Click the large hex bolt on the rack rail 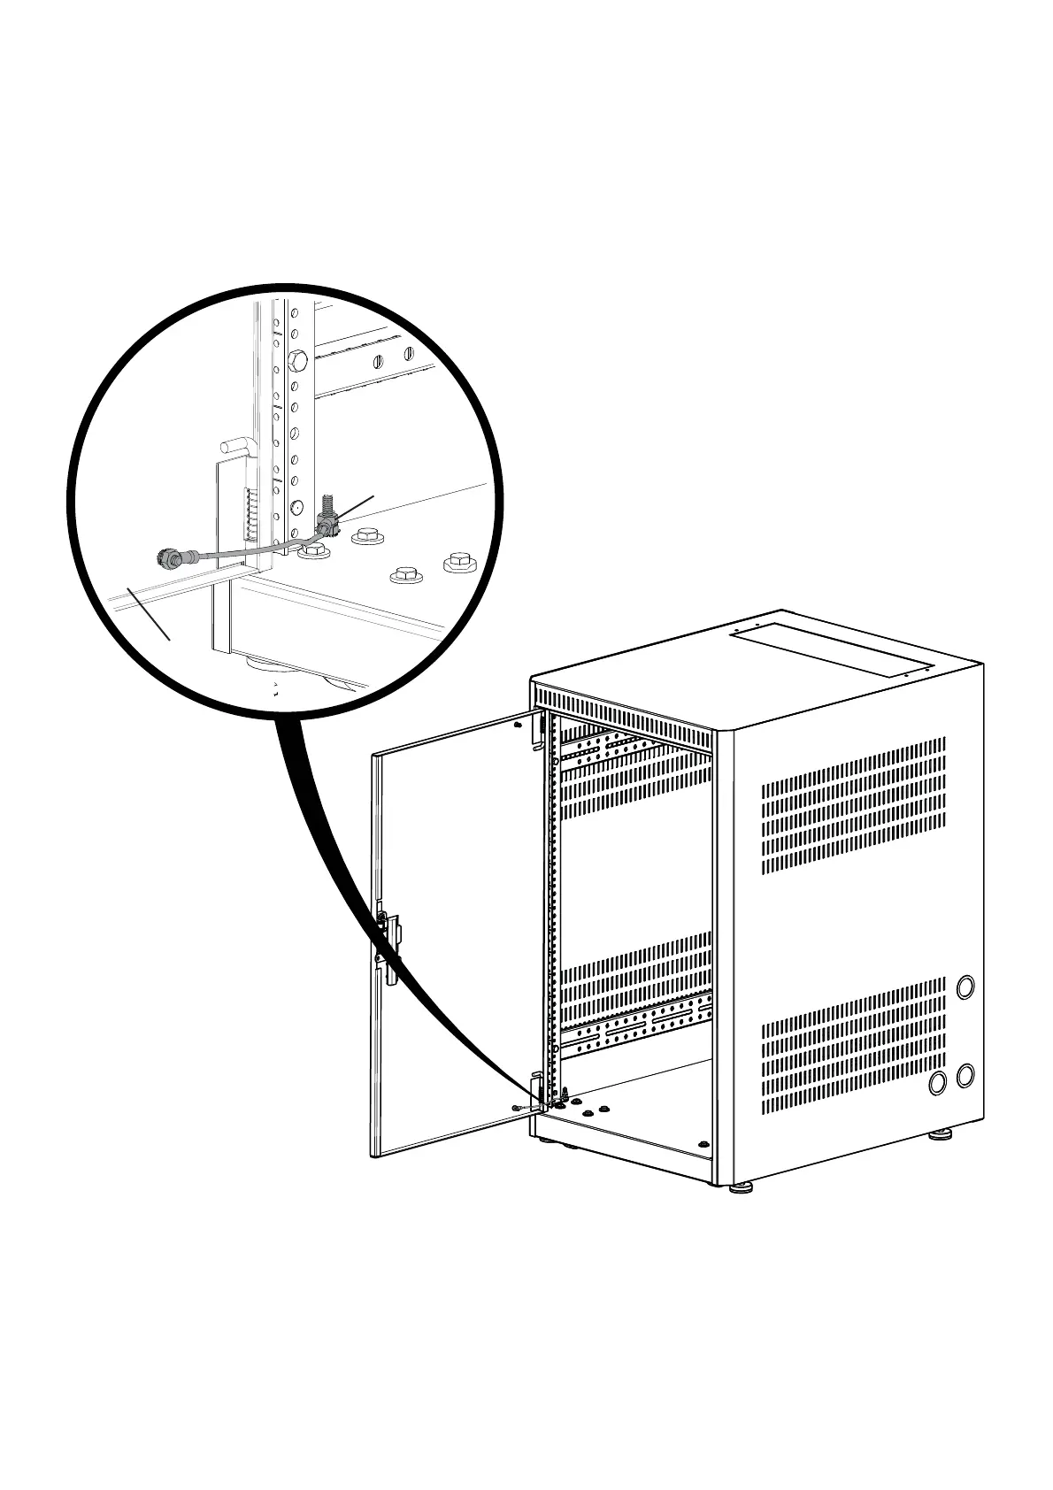pyautogui.click(x=297, y=361)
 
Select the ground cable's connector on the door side pyautogui.click(x=166, y=558)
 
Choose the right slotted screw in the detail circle pyautogui.click(x=408, y=354)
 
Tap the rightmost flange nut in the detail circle pyautogui.click(x=457, y=561)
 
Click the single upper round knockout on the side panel pyautogui.click(x=965, y=986)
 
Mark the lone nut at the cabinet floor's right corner pyautogui.click(x=703, y=1144)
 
